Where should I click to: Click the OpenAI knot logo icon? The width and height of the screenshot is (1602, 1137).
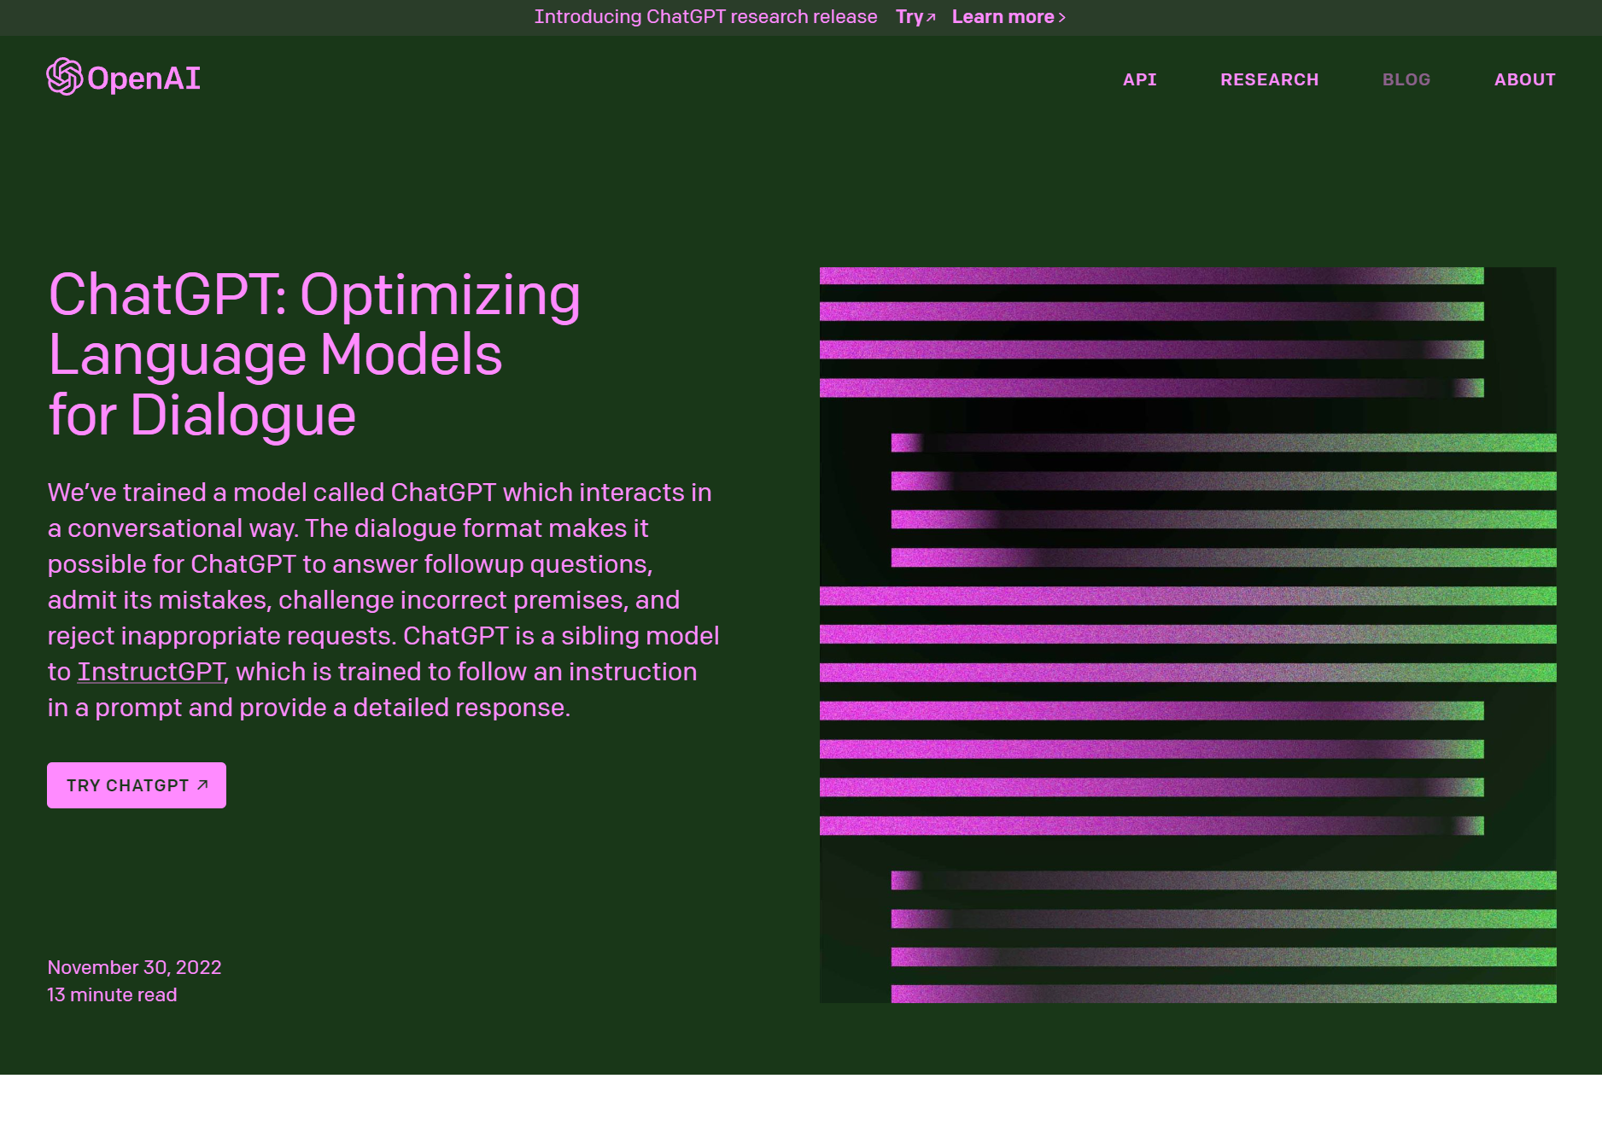point(65,77)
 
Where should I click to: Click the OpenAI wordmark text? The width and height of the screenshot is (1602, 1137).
point(143,79)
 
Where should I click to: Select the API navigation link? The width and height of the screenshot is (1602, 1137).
point(1140,79)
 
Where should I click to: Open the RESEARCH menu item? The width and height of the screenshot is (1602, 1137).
point(1270,79)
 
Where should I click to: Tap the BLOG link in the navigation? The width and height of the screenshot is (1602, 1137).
point(1406,79)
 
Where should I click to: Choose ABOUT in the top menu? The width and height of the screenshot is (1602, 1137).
point(1525,79)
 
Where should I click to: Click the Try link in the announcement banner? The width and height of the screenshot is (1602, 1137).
point(915,17)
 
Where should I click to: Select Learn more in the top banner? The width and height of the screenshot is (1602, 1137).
point(1009,17)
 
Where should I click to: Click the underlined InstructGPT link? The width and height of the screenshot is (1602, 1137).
point(151,672)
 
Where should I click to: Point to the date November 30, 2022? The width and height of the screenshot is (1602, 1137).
point(134,967)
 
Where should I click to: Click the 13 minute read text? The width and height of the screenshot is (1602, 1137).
point(112,994)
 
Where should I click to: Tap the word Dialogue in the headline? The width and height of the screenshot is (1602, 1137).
point(243,416)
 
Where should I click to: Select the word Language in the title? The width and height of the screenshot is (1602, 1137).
point(178,356)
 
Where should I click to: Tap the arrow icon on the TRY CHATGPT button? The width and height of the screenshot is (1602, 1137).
point(202,784)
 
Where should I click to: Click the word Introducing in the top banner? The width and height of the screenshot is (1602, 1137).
point(588,17)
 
